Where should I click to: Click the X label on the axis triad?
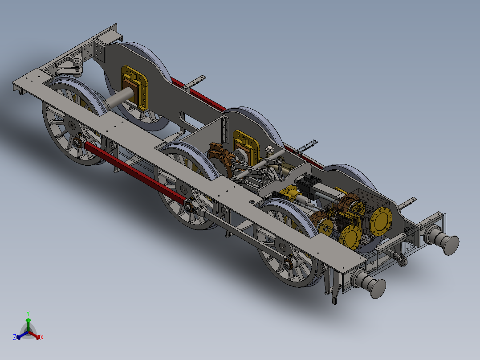click(x=41, y=338)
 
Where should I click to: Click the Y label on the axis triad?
click(x=28, y=313)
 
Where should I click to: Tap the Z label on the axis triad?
click(x=15, y=338)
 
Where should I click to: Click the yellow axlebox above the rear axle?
click(x=135, y=87)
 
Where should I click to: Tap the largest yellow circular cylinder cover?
click(x=381, y=221)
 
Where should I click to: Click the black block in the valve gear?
click(x=307, y=182)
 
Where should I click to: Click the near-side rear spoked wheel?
click(x=71, y=131)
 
